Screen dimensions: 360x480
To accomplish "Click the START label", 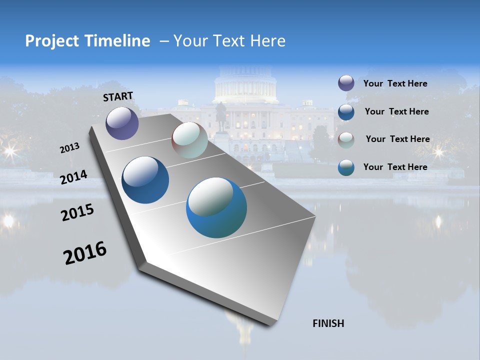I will (118, 96).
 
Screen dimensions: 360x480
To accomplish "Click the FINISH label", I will (328, 323).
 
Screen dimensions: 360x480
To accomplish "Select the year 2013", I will (69, 148).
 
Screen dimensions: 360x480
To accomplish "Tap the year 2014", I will (73, 177).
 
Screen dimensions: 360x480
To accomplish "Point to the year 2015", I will (77, 212).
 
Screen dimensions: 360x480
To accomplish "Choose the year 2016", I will (85, 252).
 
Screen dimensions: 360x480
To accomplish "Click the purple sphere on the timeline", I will (122, 123).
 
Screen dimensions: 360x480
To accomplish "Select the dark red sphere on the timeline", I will (189, 140).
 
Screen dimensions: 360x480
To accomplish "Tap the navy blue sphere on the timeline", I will (145, 180).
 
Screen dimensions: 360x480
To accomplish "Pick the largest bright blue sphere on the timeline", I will (216, 207).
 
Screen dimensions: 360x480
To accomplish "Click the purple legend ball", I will (346, 83).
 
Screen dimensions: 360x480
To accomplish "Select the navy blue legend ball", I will (346, 111).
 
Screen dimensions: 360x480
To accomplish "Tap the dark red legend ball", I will (346, 139).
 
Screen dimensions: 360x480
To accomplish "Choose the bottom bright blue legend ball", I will (346, 167).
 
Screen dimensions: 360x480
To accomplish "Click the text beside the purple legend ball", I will (395, 83).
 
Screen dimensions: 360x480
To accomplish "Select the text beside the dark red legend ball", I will (397, 139).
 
